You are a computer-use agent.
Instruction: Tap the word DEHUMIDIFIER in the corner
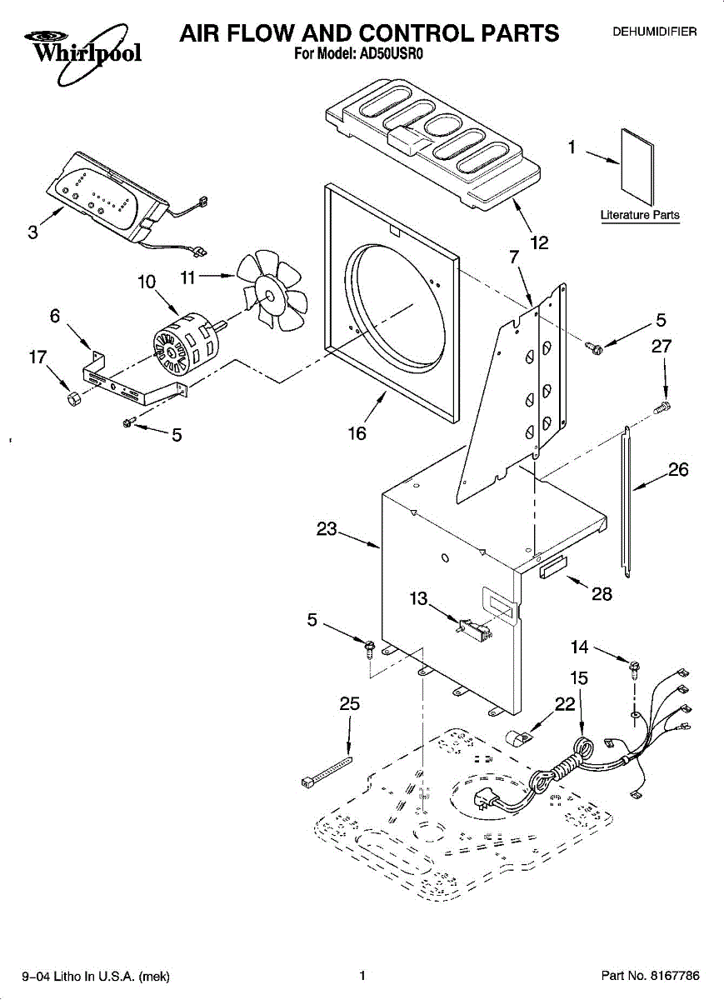[x=655, y=32]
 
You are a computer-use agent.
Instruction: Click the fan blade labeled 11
[x=271, y=292]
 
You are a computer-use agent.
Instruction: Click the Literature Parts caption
[x=640, y=215]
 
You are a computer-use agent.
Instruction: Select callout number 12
[x=540, y=242]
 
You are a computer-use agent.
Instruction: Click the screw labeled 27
[x=664, y=407]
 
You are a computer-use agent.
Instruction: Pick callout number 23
[x=327, y=528]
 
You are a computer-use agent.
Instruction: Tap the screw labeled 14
[x=634, y=665]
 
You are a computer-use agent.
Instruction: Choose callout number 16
[x=357, y=433]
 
